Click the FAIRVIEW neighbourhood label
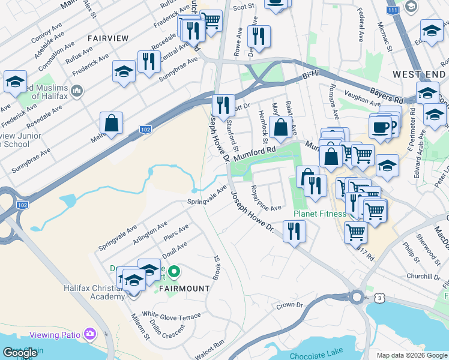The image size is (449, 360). coord(108,38)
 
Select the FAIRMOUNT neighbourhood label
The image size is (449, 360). coord(184,288)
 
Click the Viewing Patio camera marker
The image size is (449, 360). coord(90,333)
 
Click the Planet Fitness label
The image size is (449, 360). coord(320,214)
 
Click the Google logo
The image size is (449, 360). coord(20,353)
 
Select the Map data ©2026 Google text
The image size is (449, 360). coord(412,355)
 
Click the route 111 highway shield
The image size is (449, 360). coord(393,11)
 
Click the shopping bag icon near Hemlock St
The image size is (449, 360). coord(280,127)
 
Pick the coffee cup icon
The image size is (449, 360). coord(379,127)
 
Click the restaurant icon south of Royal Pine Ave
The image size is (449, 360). coord(294,231)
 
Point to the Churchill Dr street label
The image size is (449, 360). coord(424,277)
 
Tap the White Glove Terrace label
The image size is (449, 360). coord(171,315)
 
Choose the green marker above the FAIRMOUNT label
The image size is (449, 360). coord(173,272)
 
